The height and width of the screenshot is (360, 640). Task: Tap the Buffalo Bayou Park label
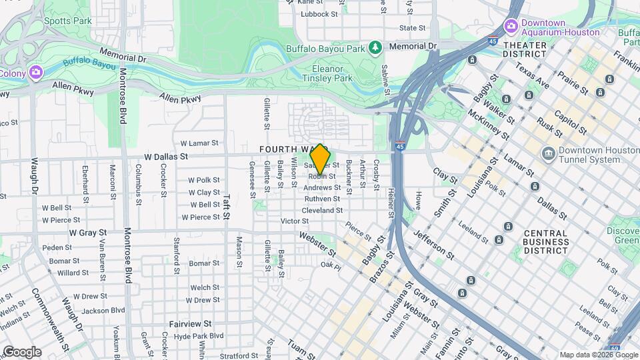point(326,49)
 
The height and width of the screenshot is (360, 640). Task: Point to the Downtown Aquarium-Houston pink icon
point(511,26)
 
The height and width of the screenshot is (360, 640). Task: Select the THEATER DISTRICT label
point(525,49)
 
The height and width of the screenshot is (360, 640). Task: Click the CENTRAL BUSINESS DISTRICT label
point(545,242)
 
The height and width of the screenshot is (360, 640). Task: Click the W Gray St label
point(88,233)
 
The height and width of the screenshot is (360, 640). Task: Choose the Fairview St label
point(190,323)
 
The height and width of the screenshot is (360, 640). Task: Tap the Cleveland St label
point(322,210)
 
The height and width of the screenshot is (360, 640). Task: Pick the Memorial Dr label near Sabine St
point(412,46)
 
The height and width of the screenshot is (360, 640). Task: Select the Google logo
point(22,352)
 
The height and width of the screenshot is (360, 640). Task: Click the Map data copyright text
point(598,355)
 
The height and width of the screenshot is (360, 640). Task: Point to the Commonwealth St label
point(50,319)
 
